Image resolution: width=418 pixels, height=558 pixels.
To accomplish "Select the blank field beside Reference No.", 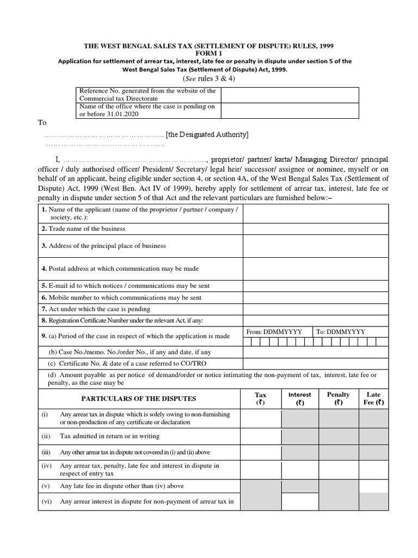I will click(x=290, y=95).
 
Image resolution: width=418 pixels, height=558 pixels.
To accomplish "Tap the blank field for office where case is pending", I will click(x=290, y=111).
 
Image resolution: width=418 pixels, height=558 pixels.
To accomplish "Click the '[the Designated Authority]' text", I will click(x=207, y=135).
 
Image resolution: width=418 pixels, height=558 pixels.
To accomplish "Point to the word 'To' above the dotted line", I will click(x=42, y=123).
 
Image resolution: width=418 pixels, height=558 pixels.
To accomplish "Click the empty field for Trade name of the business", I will click(x=315, y=229).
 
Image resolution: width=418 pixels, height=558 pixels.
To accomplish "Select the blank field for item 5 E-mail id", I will click(x=315, y=286).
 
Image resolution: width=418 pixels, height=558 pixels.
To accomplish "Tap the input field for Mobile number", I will click(x=315, y=298).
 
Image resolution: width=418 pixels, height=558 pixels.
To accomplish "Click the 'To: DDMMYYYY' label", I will click(x=341, y=332).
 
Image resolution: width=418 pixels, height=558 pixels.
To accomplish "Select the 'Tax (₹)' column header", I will click(x=261, y=399).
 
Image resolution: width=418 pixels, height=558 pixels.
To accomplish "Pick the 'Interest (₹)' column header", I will click(x=300, y=399).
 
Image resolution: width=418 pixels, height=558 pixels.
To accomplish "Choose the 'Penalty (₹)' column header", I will click(x=338, y=399).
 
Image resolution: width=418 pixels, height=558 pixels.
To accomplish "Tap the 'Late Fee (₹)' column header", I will click(x=373, y=399).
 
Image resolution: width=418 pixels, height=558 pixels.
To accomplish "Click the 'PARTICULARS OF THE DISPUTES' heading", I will click(x=139, y=399).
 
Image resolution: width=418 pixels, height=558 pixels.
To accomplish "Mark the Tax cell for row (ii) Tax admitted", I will click(x=261, y=436).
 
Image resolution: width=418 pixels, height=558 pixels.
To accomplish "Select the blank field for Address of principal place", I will click(x=315, y=246).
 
